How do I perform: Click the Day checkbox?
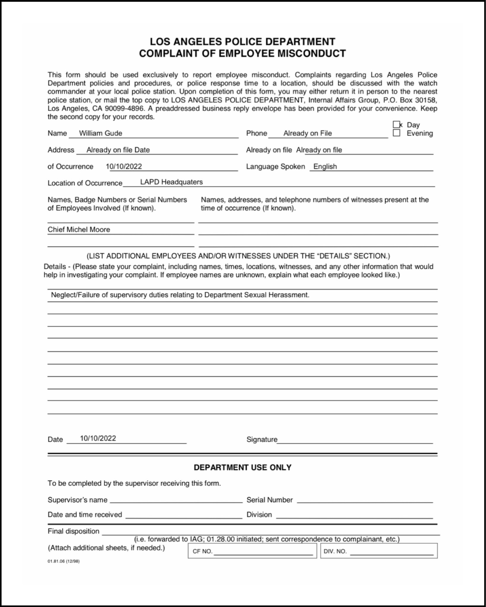tap(396, 124)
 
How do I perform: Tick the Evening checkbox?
tap(396, 133)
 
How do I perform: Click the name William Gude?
tap(101, 133)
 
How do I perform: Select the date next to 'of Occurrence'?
tap(124, 166)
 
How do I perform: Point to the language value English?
tap(325, 166)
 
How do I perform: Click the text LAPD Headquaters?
tap(171, 182)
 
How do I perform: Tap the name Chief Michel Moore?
tap(79, 229)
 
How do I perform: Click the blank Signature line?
tap(355, 439)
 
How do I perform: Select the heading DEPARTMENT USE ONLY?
tap(243, 467)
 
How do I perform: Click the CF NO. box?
tap(252, 551)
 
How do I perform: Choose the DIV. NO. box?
tap(379, 551)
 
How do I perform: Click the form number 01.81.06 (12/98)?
tap(63, 561)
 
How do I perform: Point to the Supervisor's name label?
tap(77, 500)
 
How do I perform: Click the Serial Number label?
tap(270, 500)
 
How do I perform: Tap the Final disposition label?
tap(74, 531)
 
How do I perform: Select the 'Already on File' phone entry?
tap(307, 133)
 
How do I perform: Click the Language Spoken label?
tap(275, 166)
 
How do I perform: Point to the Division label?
tap(259, 514)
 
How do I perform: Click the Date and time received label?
tap(85, 514)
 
